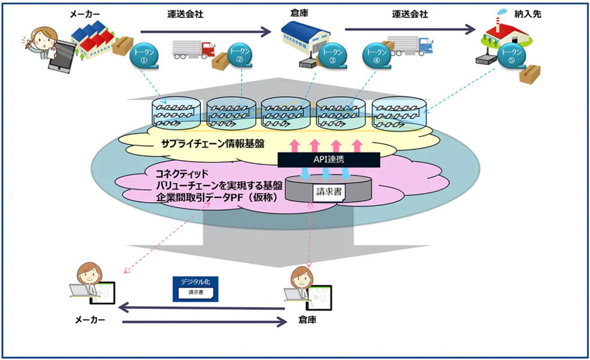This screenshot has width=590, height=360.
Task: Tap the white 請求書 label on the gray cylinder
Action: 327,192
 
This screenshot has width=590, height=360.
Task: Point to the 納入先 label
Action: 528,14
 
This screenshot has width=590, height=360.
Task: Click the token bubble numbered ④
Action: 376,56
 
